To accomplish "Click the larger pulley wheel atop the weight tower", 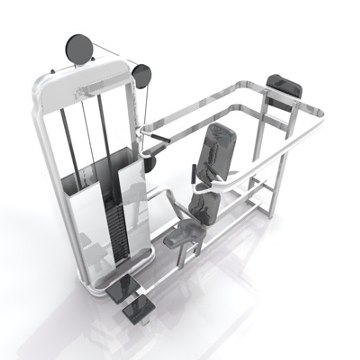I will click(x=79, y=49).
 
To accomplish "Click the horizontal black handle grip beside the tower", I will click(x=160, y=138).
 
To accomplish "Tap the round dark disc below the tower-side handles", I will click(x=150, y=164).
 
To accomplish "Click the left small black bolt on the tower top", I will click(x=52, y=71).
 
